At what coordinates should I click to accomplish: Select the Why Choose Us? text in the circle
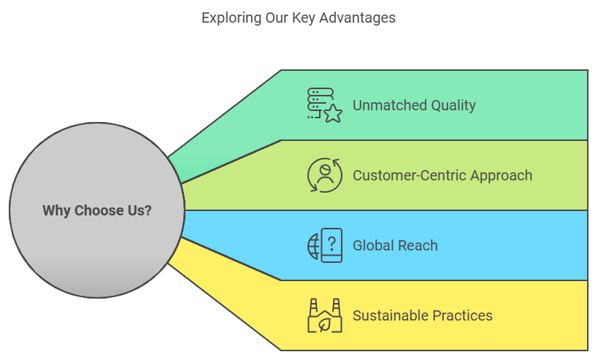coord(97,210)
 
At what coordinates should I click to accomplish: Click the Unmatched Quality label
coord(414,105)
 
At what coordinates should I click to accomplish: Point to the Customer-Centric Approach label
coord(442,175)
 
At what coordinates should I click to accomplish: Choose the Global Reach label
coord(395,245)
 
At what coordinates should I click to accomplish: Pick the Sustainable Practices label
coord(423,315)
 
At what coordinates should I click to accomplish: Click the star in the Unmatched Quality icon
coord(333,113)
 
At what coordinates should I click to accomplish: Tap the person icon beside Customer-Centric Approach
coord(325,174)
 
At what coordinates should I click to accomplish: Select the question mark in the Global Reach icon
coord(332,241)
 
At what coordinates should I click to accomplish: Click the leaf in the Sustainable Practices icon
coord(324,323)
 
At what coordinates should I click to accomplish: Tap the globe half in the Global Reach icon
coord(313,246)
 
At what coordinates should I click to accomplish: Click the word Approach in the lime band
coord(501,175)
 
